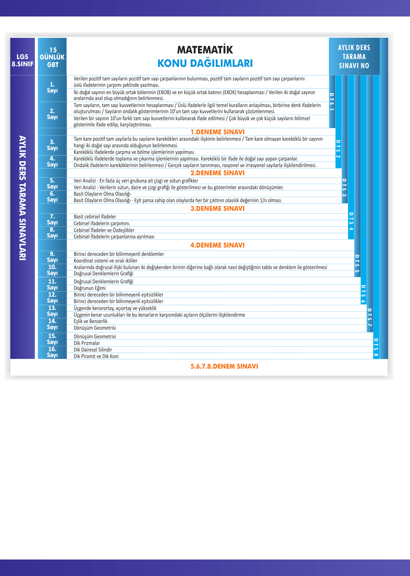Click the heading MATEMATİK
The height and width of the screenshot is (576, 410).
click(205, 50)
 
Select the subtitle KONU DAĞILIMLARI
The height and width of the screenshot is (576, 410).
click(205, 63)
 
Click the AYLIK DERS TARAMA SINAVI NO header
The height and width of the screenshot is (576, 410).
click(354, 57)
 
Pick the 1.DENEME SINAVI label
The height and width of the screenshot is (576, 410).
click(217, 132)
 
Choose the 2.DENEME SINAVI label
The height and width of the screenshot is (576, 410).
click(217, 173)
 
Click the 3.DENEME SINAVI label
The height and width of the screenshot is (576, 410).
click(217, 209)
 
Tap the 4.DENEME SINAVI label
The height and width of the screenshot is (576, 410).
click(217, 245)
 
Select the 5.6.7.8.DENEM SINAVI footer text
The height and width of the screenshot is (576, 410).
click(224, 366)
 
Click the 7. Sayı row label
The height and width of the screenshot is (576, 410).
click(52, 219)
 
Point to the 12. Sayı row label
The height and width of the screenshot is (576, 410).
click(52, 298)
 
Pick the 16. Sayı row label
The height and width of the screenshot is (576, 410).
click(52, 352)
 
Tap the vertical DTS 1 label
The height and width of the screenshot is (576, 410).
click(332, 102)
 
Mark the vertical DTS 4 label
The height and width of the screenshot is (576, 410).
click(351, 221)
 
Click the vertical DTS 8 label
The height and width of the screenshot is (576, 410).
click(376, 348)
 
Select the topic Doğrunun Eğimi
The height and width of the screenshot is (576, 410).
click(90, 288)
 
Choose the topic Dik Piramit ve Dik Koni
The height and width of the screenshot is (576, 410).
click(96, 356)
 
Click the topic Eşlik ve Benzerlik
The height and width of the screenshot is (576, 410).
click(91, 321)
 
